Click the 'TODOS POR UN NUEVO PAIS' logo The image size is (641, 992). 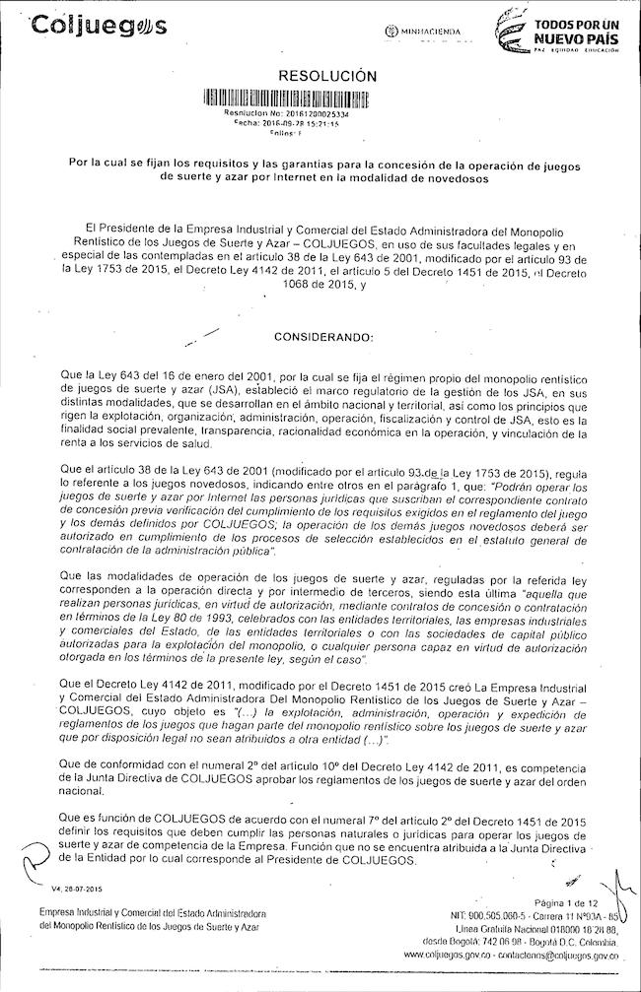tap(557, 30)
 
